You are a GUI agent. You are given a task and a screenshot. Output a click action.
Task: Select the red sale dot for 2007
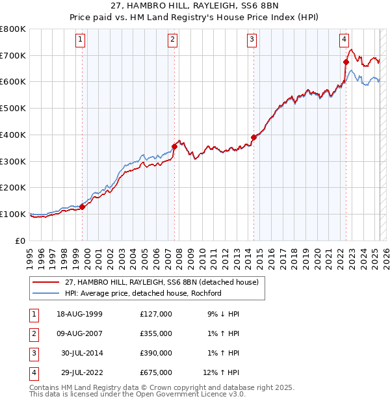click(174, 146)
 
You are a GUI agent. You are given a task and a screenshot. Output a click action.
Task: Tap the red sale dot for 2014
click(253, 137)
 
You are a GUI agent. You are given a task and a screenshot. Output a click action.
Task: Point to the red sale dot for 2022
click(346, 62)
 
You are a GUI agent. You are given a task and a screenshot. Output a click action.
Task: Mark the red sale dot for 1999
click(83, 207)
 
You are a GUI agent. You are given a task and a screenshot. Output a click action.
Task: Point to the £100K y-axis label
click(13, 214)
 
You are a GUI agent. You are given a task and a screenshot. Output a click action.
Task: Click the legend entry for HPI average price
click(143, 293)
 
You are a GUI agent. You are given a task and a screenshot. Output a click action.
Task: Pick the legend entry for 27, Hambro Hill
click(162, 282)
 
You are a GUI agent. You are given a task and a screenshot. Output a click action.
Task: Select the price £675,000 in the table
click(156, 372)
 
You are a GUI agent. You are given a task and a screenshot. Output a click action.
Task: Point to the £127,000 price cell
click(156, 314)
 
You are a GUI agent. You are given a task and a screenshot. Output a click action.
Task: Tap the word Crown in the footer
click(132, 387)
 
